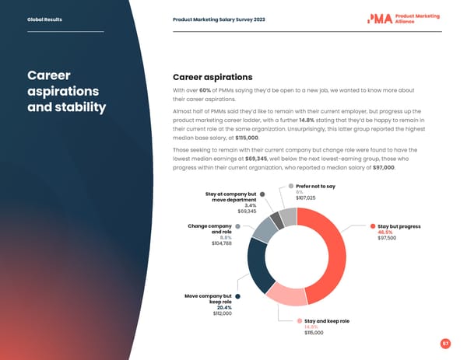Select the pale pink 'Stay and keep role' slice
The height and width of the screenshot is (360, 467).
(x=285, y=293)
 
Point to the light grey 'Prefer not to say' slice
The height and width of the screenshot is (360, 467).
(x=288, y=216)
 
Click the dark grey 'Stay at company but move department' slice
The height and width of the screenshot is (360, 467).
(x=276, y=221)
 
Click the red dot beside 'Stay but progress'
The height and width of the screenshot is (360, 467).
(x=374, y=226)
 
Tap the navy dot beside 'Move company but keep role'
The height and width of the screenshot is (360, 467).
(x=237, y=296)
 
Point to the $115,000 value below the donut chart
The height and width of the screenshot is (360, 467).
(x=314, y=333)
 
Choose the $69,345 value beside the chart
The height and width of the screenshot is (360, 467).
(x=247, y=211)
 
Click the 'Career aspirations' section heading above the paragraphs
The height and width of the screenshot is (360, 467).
(x=212, y=78)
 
